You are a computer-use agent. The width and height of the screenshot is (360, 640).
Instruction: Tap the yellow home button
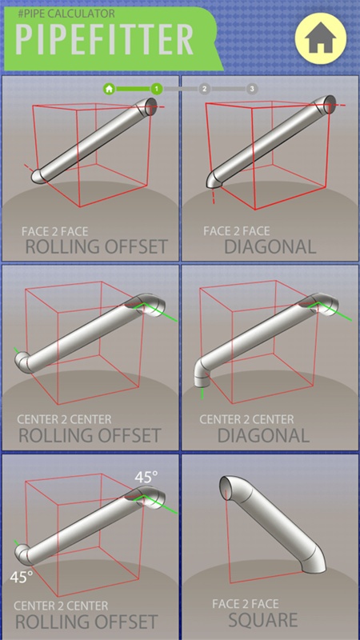coord(319,41)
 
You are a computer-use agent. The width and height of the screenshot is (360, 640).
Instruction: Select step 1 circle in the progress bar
coord(157,89)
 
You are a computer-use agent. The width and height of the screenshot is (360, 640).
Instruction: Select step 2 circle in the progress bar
coord(205,89)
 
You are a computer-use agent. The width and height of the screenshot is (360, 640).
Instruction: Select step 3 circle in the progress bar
coord(252,89)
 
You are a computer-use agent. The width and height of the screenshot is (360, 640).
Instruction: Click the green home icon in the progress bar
coord(109,89)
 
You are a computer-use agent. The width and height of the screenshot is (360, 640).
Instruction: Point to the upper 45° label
coord(146,477)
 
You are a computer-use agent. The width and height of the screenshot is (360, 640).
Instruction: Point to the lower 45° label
coord(21,576)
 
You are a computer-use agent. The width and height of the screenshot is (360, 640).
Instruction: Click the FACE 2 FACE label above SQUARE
coord(249,604)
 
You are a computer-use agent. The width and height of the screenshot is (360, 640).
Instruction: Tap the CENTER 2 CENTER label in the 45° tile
coord(63,606)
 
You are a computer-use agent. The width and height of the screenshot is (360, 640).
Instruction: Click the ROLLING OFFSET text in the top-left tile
coord(97,246)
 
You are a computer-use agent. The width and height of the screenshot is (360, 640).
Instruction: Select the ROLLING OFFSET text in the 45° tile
coord(87,622)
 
